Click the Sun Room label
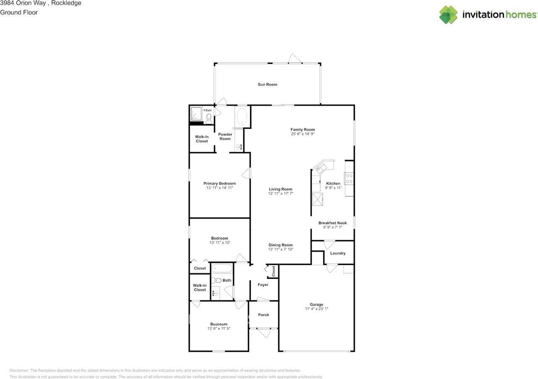point(267,85)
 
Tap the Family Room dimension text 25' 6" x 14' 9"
point(303,134)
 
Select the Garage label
point(316,305)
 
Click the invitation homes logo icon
point(448,15)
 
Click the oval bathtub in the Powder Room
point(242,117)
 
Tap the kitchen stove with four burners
point(349,179)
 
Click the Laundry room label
point(338,253)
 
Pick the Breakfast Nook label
point(332,223)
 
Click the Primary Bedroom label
point(219,183)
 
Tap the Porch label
point(264,315)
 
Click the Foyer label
point(263,285)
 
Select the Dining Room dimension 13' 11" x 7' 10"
point(280,249)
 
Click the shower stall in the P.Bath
point(196,114)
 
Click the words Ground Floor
point(19,13)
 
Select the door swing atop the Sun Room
point(295,58)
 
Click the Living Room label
point(280,189)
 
